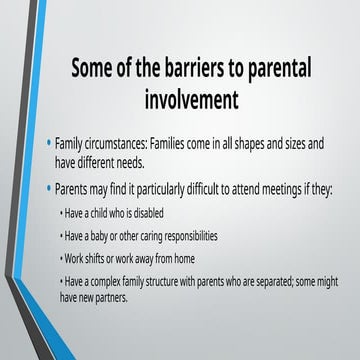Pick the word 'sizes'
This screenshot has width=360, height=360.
(300, 145)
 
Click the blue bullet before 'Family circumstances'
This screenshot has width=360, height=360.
(51, 144)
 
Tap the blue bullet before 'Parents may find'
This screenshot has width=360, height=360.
(51, 187)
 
